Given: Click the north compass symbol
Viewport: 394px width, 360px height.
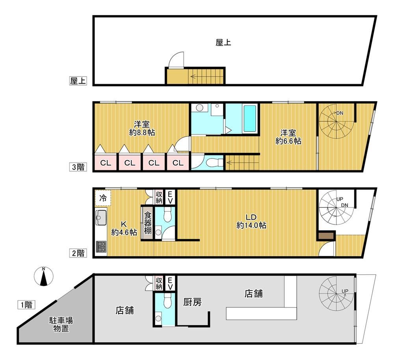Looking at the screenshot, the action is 44,276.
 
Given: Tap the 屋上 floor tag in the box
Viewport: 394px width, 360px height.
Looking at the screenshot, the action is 78,81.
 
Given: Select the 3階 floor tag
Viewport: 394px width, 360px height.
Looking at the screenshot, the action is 78,167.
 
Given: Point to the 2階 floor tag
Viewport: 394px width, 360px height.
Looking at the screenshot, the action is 78,253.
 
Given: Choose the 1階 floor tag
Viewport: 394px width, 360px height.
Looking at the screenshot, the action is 26,305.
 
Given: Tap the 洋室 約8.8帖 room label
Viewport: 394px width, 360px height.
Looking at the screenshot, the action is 142,128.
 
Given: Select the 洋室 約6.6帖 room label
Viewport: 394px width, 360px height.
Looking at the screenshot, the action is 288,137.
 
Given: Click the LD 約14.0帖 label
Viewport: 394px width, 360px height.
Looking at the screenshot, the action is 251,221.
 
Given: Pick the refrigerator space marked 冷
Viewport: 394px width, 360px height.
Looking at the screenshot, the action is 103,198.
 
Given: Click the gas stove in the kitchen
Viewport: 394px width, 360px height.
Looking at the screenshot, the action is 101,247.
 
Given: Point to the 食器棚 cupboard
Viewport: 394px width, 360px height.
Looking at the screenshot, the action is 148,223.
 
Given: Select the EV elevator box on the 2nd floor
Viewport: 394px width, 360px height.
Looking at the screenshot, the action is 170,197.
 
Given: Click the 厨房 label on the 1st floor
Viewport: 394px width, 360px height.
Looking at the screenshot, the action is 192,302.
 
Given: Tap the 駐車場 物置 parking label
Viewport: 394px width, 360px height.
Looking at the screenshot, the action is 61,324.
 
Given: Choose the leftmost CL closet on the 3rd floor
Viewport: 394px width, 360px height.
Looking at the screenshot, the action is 106,162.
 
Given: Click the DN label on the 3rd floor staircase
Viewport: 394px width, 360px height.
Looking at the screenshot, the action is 340,113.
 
